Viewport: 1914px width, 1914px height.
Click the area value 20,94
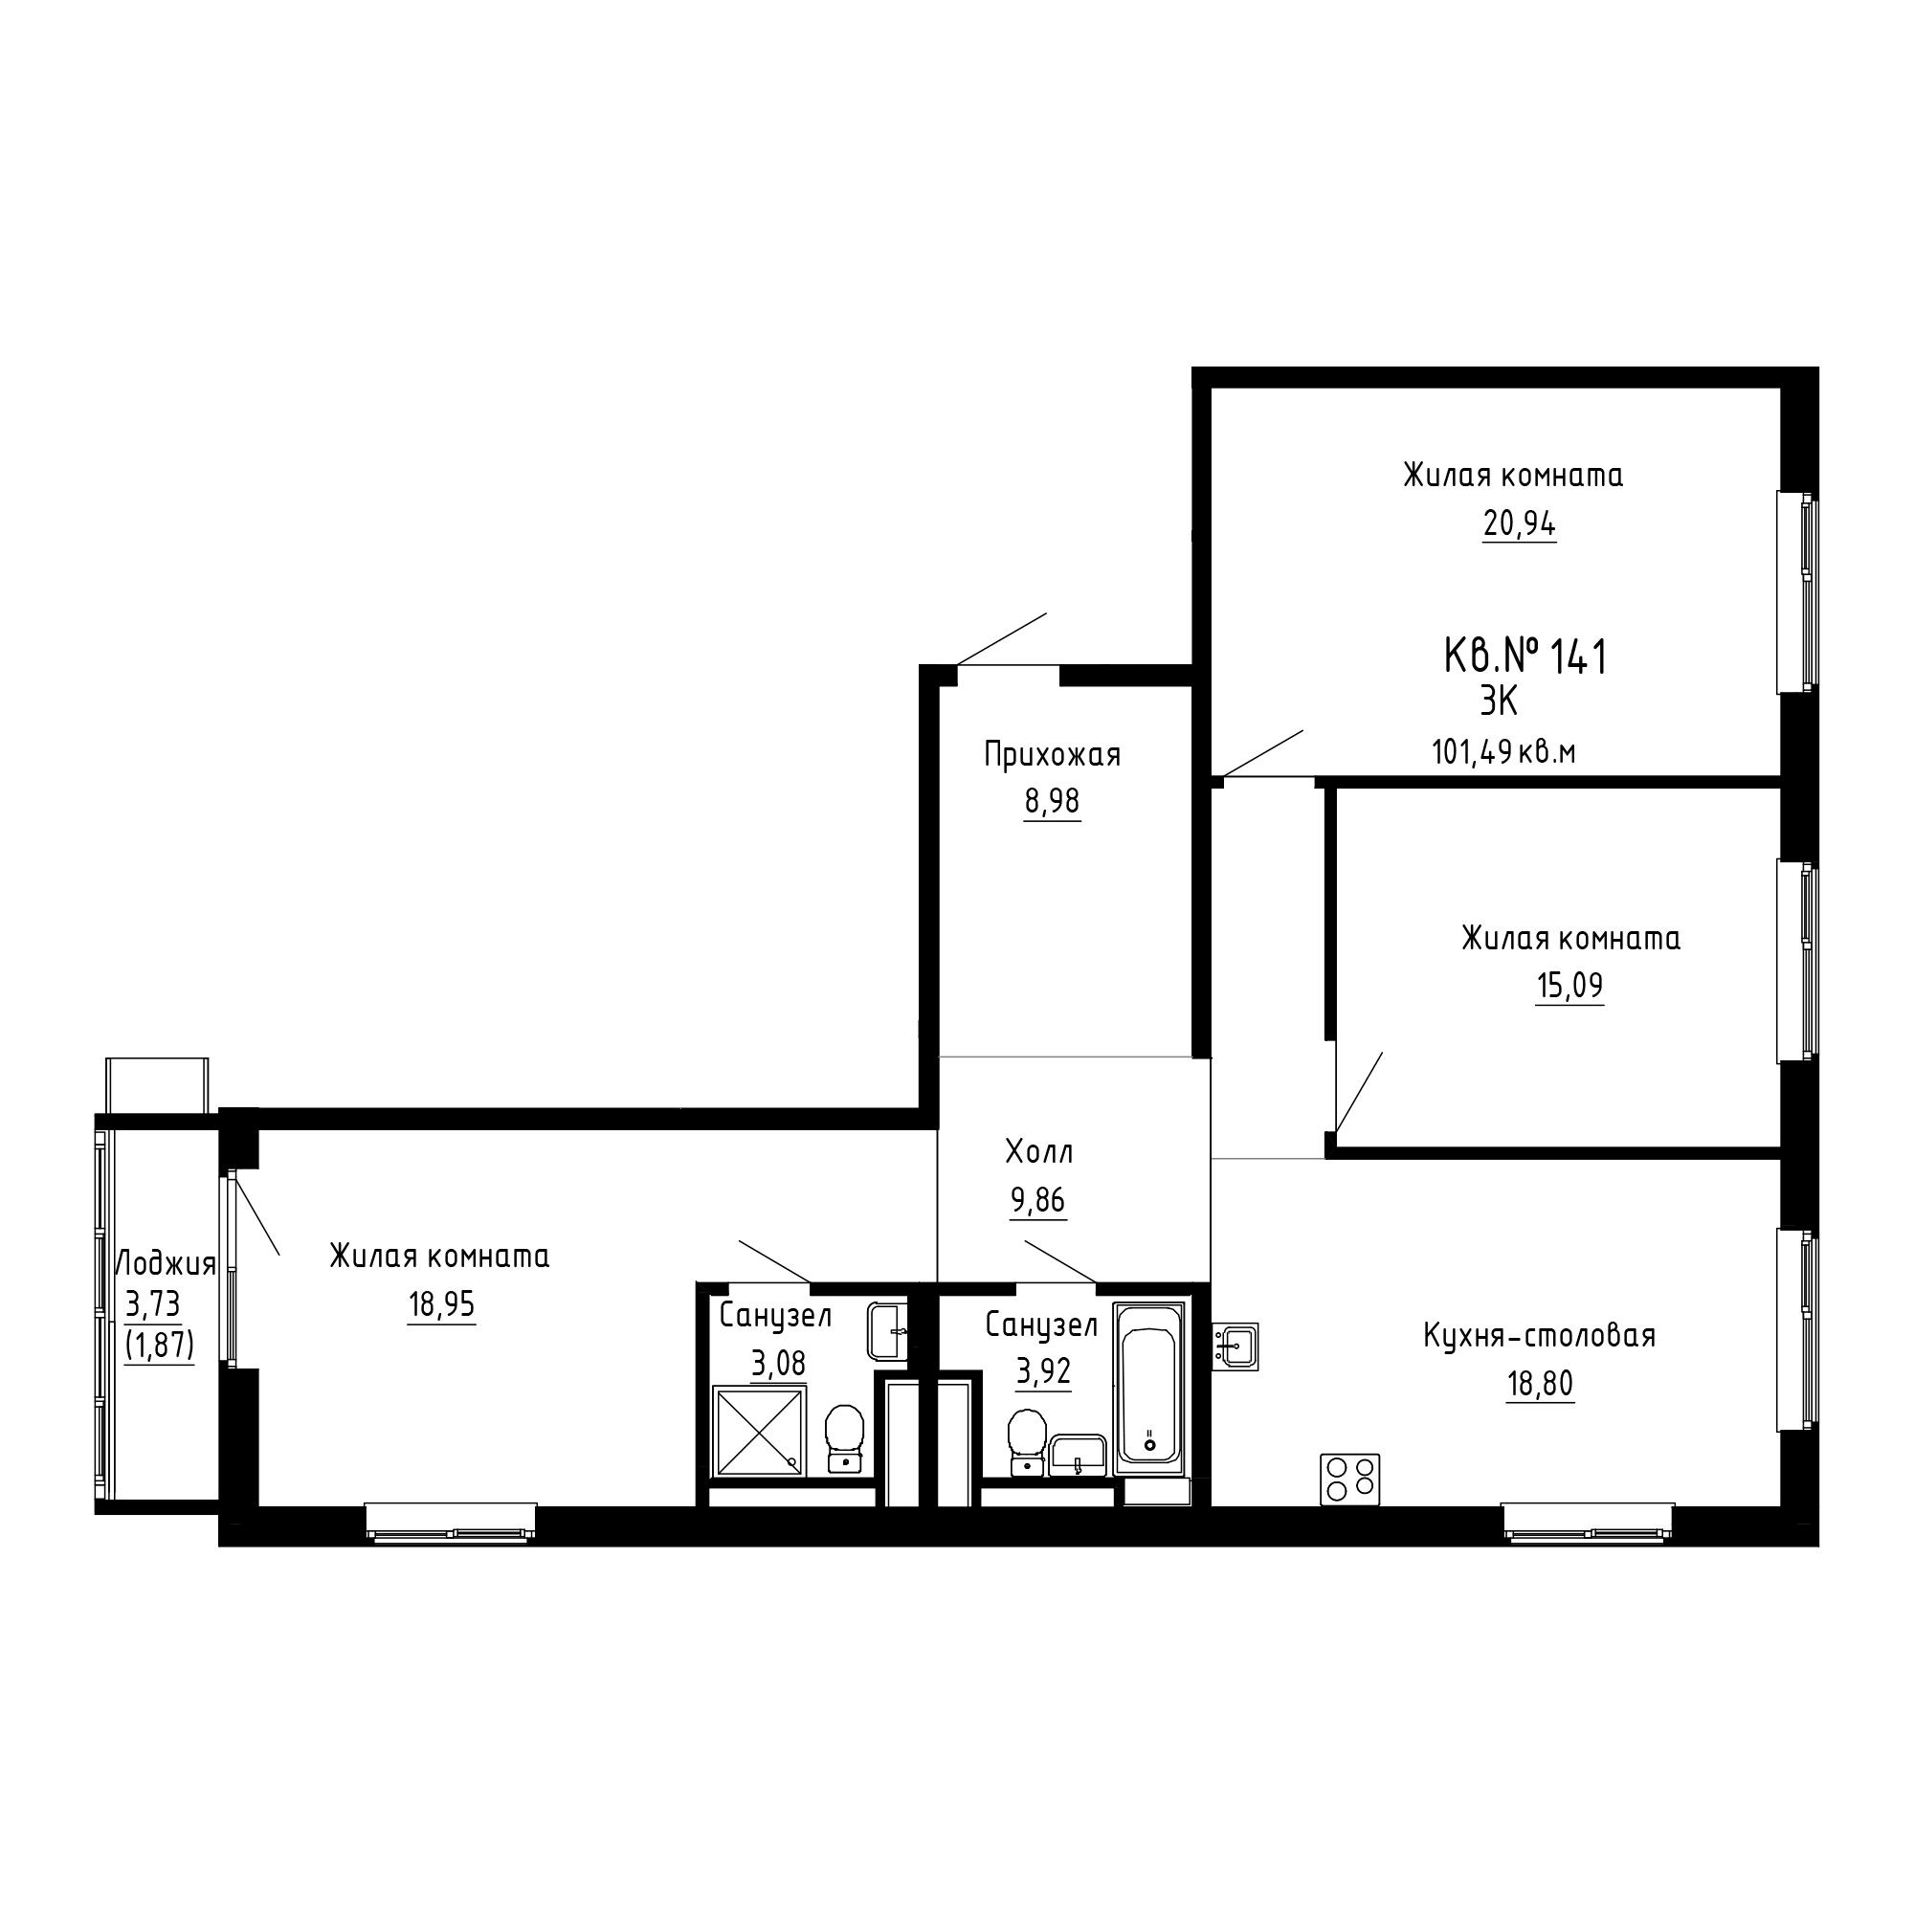tap(1519, 523)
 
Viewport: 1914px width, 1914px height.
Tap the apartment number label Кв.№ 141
tap(1525, 657)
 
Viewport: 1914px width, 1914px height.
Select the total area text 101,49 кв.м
tap(1502, 753)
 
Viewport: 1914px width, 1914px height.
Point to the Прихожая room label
tap(1052, 756)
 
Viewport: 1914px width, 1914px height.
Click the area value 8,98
tap(1052, 800)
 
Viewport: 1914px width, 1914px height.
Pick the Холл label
tap(1039, 1151)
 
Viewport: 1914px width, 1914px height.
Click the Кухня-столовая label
tap(1540, 1335)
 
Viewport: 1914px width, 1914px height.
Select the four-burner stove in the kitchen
tap(1349, 1480)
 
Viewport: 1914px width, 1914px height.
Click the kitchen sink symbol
tap(1235, 1346)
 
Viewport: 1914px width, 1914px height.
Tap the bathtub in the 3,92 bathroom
tap(1149, 1388)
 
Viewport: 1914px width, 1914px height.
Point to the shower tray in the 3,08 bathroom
tap(759, 1432)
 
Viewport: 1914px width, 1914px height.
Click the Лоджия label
tap(167, 1264)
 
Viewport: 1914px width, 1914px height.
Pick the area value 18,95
tap(442, 1304)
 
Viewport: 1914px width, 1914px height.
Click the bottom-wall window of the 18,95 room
tap(451, 1523)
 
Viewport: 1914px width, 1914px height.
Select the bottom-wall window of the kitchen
tap(1588, 1523)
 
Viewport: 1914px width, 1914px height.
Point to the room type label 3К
tap(1499, 702)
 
